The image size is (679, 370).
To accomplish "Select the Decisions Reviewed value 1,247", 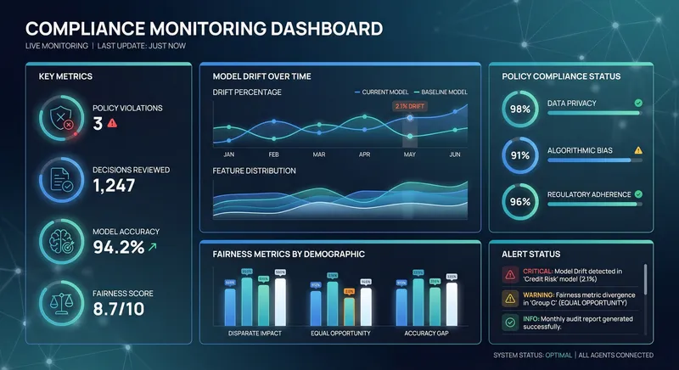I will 114,185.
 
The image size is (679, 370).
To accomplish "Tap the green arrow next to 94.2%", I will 151,247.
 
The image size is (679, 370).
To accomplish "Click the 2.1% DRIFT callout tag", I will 409,106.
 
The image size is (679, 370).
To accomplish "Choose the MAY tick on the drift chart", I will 410,154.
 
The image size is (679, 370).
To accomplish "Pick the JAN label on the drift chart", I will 228,154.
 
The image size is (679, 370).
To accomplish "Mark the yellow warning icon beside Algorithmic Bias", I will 638,150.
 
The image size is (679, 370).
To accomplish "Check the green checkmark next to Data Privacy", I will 638,104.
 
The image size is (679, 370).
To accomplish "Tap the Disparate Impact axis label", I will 255,334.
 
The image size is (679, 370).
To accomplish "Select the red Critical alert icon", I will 508,275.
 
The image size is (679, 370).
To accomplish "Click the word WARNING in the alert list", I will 541,294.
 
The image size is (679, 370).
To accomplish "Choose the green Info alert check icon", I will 508,322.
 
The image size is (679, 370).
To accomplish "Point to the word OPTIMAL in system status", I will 556,355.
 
